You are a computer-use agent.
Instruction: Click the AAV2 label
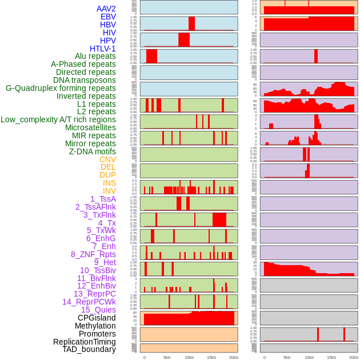pos(106,9)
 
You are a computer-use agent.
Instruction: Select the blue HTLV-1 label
pos(102,49)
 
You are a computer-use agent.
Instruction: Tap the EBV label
pos(107,17)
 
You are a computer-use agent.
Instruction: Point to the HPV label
pos(107,41)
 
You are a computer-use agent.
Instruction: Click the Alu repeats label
pos(95,56)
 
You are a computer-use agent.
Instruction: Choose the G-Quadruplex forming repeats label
pos(61,88)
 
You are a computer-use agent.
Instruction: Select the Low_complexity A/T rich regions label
pos(58,119)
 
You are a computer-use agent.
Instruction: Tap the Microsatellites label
pos(90,127)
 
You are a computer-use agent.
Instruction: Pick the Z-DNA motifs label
pos(92,151)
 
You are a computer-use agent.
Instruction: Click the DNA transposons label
pos(84,80)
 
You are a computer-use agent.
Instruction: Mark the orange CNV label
pos(107,159)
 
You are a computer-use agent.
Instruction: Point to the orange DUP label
pos(107,175)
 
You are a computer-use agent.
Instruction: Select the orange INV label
pos(109,191)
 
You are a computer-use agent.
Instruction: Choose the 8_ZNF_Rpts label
pos(93,254)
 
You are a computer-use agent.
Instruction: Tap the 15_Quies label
pos(98,310)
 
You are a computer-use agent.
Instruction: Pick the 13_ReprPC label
pos(94,294)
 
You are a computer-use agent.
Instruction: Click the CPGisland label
pos(97,318)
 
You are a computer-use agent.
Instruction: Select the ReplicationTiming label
pos(84,342)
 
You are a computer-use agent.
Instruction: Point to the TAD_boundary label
pos(89,349)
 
